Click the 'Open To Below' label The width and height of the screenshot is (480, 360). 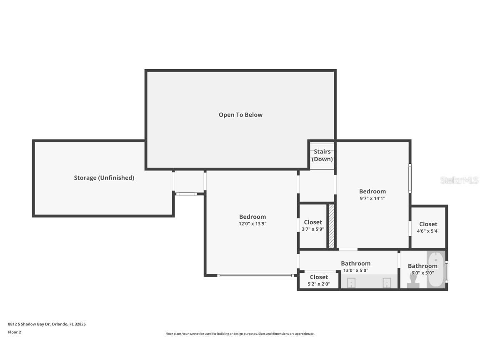click(x=240, y=115)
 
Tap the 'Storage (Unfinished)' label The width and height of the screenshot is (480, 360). click(x=104, y=177)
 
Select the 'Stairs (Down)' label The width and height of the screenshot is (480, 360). click(x=322, y=155)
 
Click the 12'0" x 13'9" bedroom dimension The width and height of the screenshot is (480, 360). click(x=252, y=224)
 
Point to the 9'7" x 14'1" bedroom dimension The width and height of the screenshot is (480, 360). click(x=372, y=198)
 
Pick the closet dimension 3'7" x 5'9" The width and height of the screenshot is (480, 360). click(x=312, y=229)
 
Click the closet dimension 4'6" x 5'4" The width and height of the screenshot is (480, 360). click(x=428, y=231)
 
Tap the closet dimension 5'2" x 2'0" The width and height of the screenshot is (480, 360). click(x=319, y=284)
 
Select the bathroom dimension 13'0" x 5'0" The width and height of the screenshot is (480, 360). click(x=355, y=270)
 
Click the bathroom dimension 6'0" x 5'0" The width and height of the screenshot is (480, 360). click(x=422, y=273)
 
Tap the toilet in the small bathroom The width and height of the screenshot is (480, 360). click(x=413, y=282)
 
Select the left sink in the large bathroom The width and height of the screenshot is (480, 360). click(x=351, y=283)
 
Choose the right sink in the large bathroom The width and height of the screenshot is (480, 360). click(x=386, y=283)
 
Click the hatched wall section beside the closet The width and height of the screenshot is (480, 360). click(x=331, y=226)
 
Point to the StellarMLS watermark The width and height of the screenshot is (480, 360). click(x=459, y=180)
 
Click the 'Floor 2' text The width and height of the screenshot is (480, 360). click(x=15, y=332)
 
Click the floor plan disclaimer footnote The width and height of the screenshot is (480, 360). click(x=240, y=334)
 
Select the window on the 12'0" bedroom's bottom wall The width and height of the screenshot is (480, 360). click(x=255, y=275)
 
